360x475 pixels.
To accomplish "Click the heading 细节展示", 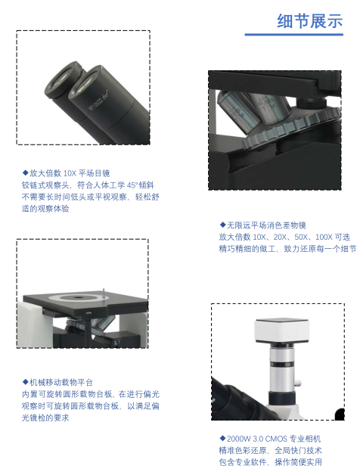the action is pos(309,21).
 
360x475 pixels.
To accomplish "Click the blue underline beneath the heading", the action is pos(294,35).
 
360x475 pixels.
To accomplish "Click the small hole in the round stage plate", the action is pos(76,297).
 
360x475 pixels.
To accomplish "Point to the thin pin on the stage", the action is pos(104,293).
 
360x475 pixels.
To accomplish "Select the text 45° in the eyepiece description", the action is pos(132,185).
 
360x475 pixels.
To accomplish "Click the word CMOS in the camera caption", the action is pos(276,439).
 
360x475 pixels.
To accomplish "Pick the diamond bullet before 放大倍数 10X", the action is pos(25,172).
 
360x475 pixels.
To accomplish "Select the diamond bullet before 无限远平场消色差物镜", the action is pos(222,225).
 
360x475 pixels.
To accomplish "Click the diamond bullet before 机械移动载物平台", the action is pos(25,382).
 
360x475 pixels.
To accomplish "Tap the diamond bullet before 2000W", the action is pos(222,438).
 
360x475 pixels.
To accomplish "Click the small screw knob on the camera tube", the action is pos(299,383).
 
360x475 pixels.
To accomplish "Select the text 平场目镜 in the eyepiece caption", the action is pos(95,173).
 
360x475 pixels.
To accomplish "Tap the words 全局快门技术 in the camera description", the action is pos(298,450).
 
